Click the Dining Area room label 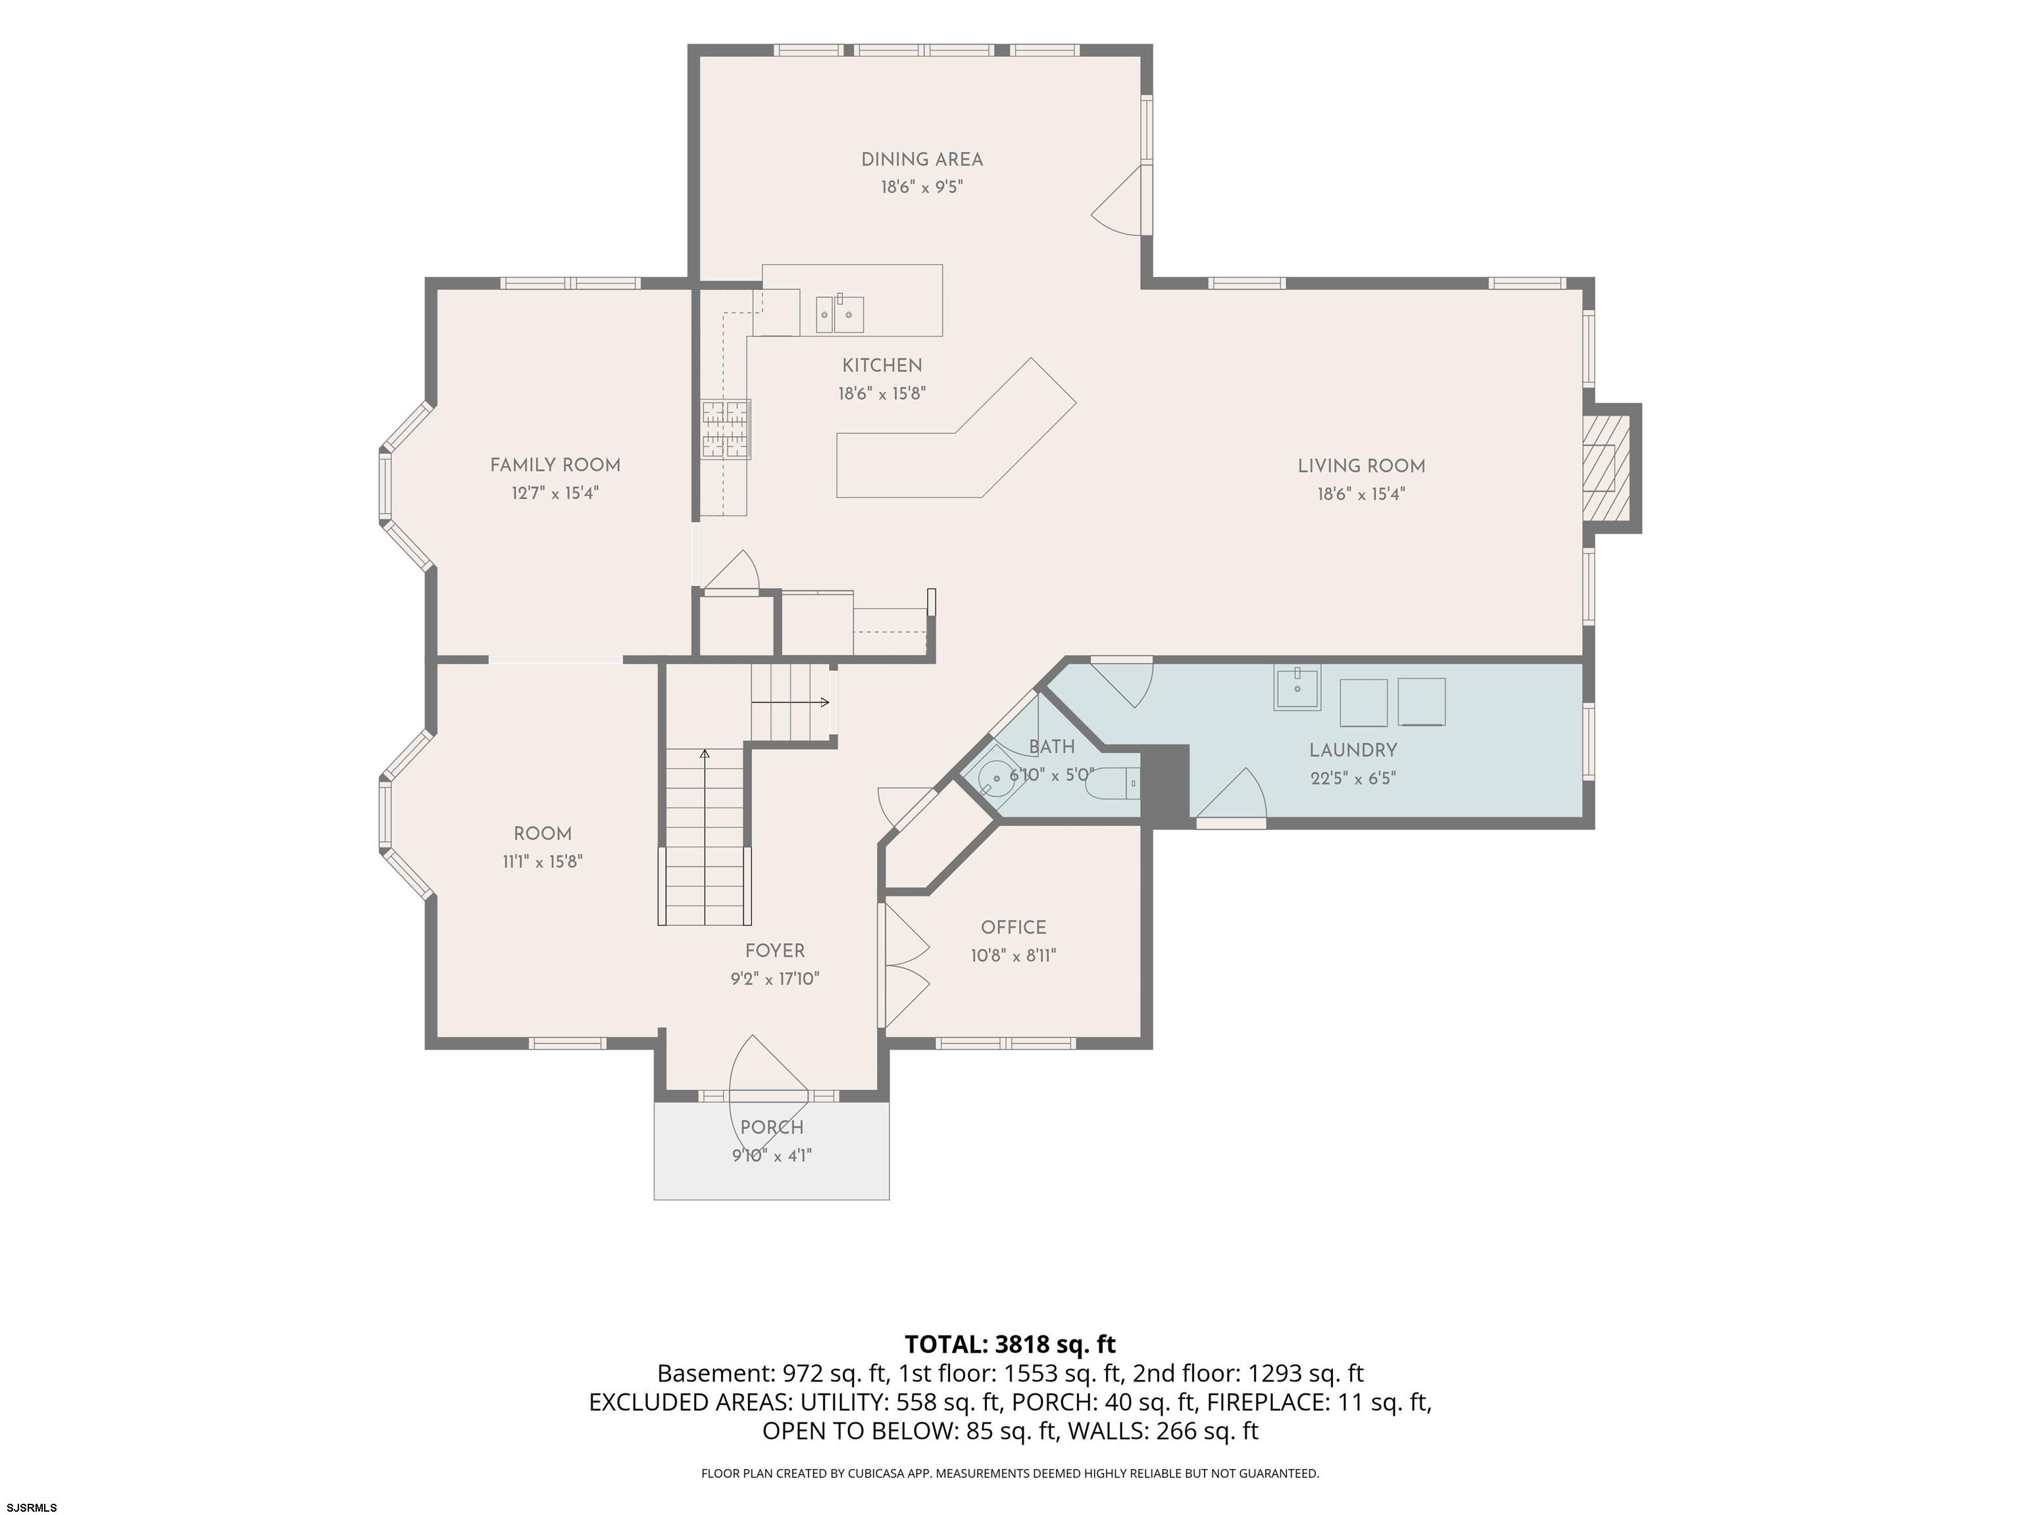[x=922, y=160]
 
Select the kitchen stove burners [x=726, y=429]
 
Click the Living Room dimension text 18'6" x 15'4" [x=1360, y=494]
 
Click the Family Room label [x=555, y=466]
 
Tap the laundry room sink [x=1297, y=688]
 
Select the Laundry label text [x=1353, y=751]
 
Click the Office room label [x=1013, y=928]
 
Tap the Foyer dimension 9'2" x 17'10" [x=775, y=979]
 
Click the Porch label [x=772, y=1128]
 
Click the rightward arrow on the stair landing [x=790, y=702]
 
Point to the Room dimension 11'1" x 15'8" [x=543, y=861]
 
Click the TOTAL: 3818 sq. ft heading [x=1010, y=1344]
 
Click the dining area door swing [x=1116, y=201]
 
